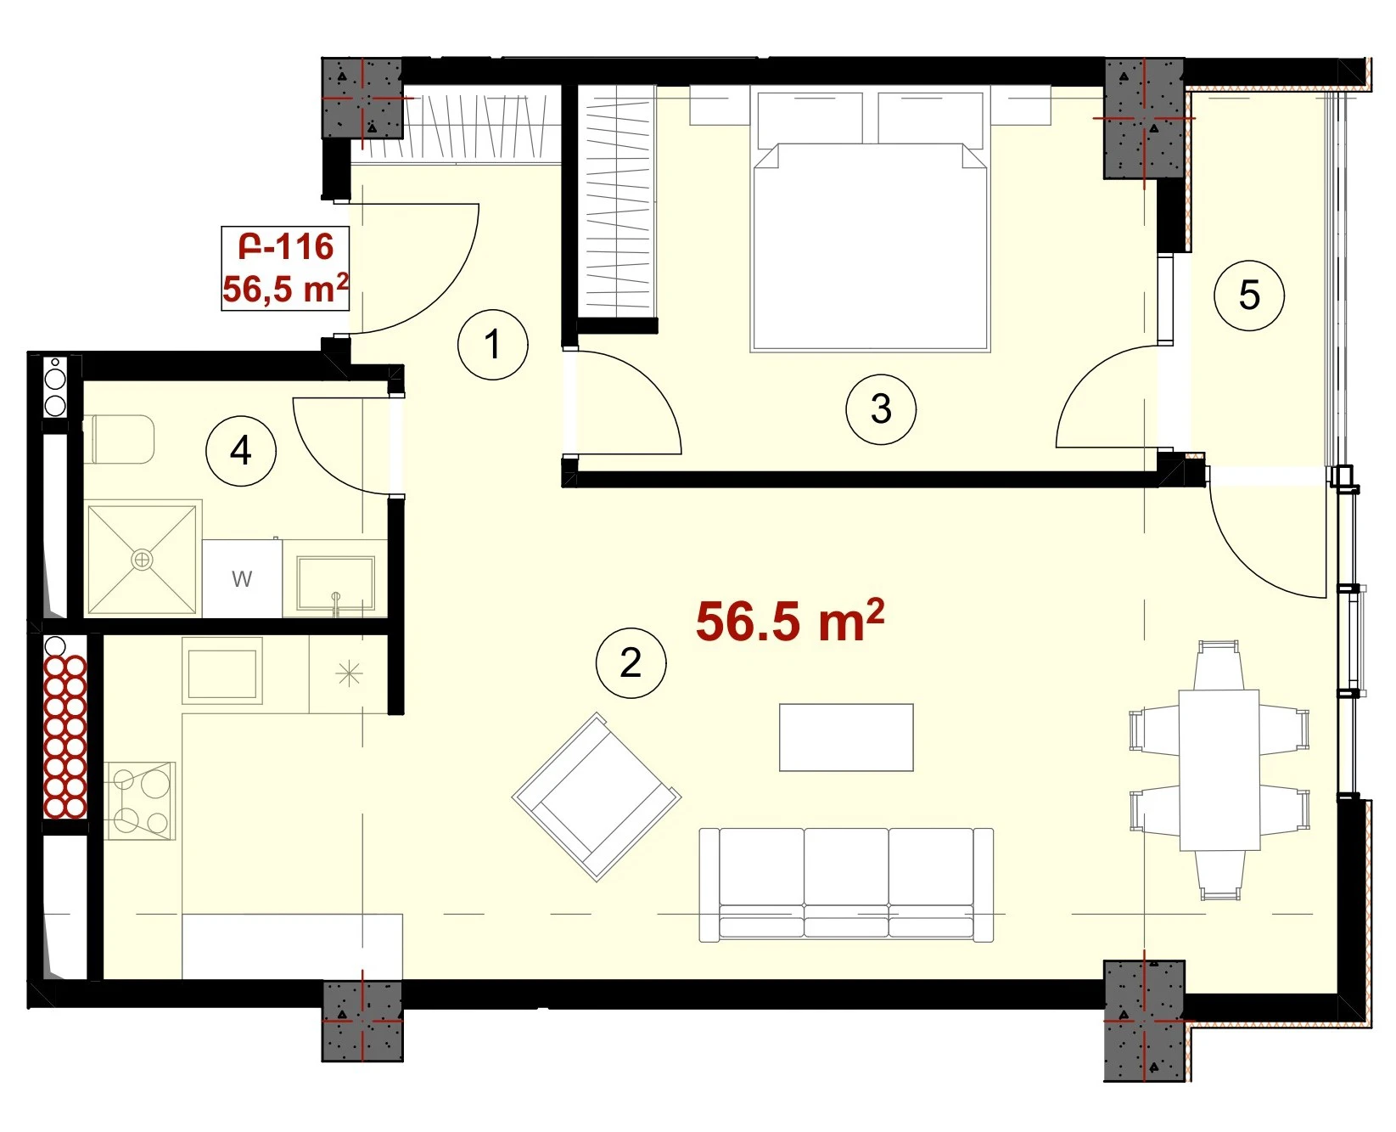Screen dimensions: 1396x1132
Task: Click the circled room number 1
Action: tap(493, 344)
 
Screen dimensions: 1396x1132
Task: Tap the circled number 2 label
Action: tap(631, 662)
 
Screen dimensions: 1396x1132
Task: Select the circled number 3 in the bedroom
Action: tap(881, 409)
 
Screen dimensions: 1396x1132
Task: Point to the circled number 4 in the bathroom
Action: tap(241, 450)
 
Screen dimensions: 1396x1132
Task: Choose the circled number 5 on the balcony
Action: tap(1249, 296)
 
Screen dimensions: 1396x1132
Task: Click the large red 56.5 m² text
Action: tap(790, 621)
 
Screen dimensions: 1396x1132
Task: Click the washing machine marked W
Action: tap(242, 578)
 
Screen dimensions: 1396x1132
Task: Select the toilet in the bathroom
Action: tap(120, 439)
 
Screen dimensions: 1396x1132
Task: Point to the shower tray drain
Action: tap(142, 559)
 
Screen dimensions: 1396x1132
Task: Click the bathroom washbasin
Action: tap(335, 584)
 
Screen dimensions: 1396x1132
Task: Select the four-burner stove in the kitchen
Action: tap(140, 801)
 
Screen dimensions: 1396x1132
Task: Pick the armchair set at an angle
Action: tap(597, 797)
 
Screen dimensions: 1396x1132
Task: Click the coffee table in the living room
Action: tap(846, 737)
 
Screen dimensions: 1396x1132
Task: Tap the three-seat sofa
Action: tap(846, 885)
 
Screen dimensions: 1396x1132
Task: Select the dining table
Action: tap(1219, 769)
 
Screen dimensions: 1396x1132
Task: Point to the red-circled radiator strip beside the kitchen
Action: tap(65, 736)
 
